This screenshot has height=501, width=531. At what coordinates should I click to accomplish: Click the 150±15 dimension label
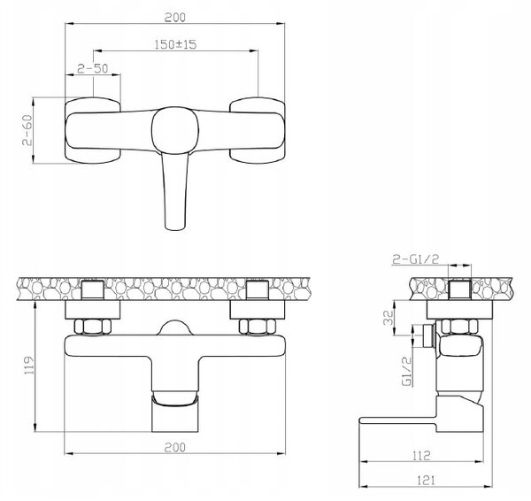point(175,44)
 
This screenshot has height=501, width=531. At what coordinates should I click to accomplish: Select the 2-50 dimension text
point(92,69)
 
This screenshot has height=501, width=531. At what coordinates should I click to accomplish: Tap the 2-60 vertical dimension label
point(27,130)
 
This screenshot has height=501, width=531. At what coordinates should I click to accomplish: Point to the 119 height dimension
point(30,365)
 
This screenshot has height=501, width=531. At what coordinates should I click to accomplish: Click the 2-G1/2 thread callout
point(416,259)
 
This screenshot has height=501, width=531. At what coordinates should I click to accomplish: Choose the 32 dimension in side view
point(389,318)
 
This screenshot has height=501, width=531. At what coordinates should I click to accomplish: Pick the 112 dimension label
point(421,455)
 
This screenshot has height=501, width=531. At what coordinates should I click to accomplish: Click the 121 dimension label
point(426,480)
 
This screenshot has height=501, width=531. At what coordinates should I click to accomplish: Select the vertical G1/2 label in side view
point(407,371)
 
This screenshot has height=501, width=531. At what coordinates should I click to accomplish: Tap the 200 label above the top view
point(175,18)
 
